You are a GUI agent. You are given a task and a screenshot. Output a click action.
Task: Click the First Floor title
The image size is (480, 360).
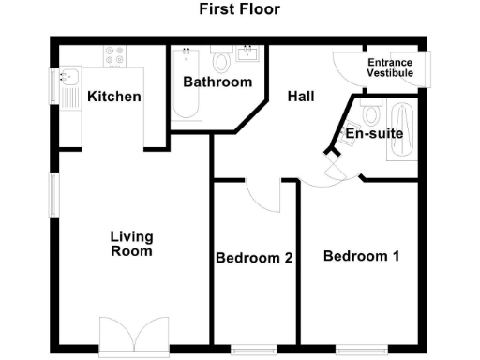tap(239, 10)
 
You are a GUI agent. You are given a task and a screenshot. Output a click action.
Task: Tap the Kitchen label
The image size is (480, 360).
tap(114, 97)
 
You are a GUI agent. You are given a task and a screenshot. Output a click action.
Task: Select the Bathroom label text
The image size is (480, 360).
tap(217, 82)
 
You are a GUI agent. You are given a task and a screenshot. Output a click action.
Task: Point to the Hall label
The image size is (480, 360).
tap(301, 97)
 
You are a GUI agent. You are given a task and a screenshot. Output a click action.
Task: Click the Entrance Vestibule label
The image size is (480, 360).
tap(390, 67)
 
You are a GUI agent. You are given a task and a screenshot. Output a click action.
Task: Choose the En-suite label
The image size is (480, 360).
tap(374, 134)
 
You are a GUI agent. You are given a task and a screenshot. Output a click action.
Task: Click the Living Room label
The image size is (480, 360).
tap(131, 244)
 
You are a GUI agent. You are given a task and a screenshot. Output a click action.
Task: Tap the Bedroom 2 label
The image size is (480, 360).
tap(254, 258)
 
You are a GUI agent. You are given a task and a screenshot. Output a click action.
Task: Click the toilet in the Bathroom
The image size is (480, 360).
tap(221, 61)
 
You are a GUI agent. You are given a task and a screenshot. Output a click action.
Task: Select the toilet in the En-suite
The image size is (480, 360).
tap(370, 115)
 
